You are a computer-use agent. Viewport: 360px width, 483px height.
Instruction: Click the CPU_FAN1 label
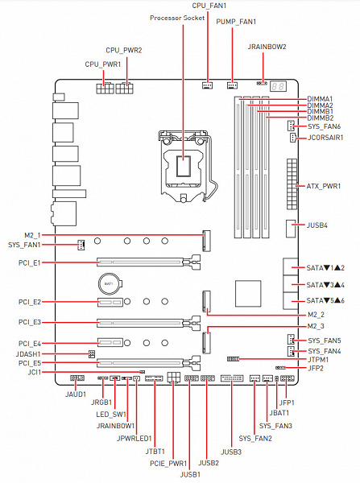[x=209, y=6]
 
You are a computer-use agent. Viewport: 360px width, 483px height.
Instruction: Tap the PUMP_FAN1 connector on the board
[x=232, y=85]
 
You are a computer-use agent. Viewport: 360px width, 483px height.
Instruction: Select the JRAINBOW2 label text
[x=267, y=47]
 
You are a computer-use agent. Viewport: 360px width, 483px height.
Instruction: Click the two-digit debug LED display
[x=278, y=86]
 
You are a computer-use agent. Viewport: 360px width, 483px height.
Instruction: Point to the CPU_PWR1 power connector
[x=105, y=89]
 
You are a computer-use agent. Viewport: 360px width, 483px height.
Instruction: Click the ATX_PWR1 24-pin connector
[x=292, y=184]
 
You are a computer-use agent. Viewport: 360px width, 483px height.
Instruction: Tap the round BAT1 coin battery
[x=110, y=283]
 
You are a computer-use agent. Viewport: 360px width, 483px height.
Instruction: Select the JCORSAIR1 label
[x=325, y=138]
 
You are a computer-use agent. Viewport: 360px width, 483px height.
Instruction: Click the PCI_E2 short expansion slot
[x=110, y=302]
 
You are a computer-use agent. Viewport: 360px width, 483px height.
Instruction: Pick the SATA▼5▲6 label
[x=325, y=300]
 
